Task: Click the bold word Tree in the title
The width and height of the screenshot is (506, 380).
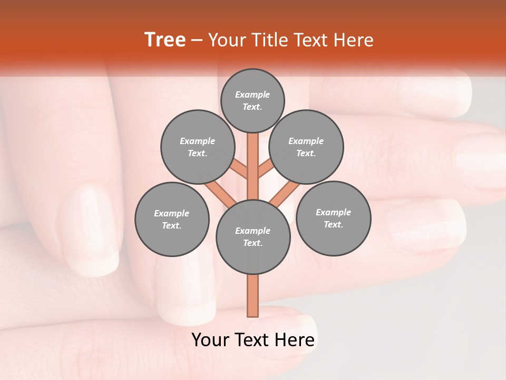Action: click(165, 40)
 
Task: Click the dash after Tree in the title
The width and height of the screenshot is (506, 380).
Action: click(197, 41)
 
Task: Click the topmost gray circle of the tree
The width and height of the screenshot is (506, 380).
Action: click(252, 100)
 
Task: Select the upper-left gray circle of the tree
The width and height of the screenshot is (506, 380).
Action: click(197, 147)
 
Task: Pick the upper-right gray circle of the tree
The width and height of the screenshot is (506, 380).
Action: click(306, 147)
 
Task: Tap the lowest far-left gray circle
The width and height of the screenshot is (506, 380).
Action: click(172, 219)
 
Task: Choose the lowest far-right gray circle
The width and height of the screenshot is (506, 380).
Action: click(333, 218)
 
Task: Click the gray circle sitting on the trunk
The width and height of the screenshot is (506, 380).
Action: click(253, 237)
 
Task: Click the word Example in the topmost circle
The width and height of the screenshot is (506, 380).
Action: click(252, 94)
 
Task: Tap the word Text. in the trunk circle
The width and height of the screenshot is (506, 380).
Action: click(252, 243)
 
